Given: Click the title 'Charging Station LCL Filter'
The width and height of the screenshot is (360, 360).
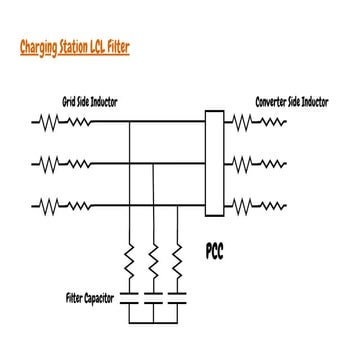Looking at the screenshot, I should click(x=73, y=46).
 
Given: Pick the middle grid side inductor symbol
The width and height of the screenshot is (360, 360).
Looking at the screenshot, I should click(x=63, y=164).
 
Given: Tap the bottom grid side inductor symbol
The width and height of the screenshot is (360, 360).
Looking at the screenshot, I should click(x=63, y=206).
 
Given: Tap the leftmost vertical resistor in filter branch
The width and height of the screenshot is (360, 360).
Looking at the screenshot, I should click(x=130, y=264).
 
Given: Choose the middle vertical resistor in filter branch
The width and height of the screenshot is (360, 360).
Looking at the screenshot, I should click(x=153, y=264).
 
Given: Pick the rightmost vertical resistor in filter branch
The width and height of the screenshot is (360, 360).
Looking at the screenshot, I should click(x=177, y=264).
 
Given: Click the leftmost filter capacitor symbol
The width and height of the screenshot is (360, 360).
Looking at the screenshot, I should click(x=130, y=298).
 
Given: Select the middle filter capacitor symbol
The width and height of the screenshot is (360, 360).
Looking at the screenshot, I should click(x=153, y=298).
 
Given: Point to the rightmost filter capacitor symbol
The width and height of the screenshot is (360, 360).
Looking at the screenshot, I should click(x=177, y=298).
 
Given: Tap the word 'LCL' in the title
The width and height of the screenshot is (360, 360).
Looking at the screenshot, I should click(x=106, y=46).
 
